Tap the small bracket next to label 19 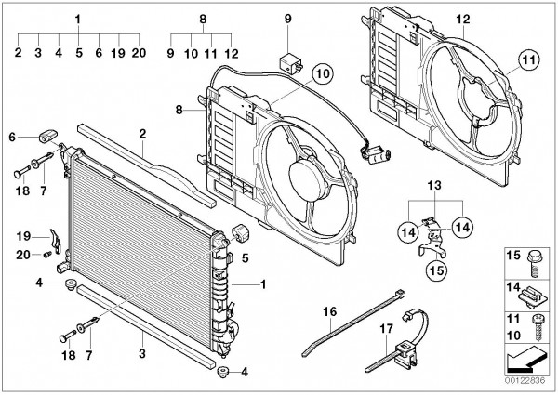click(x=55, y=241)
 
